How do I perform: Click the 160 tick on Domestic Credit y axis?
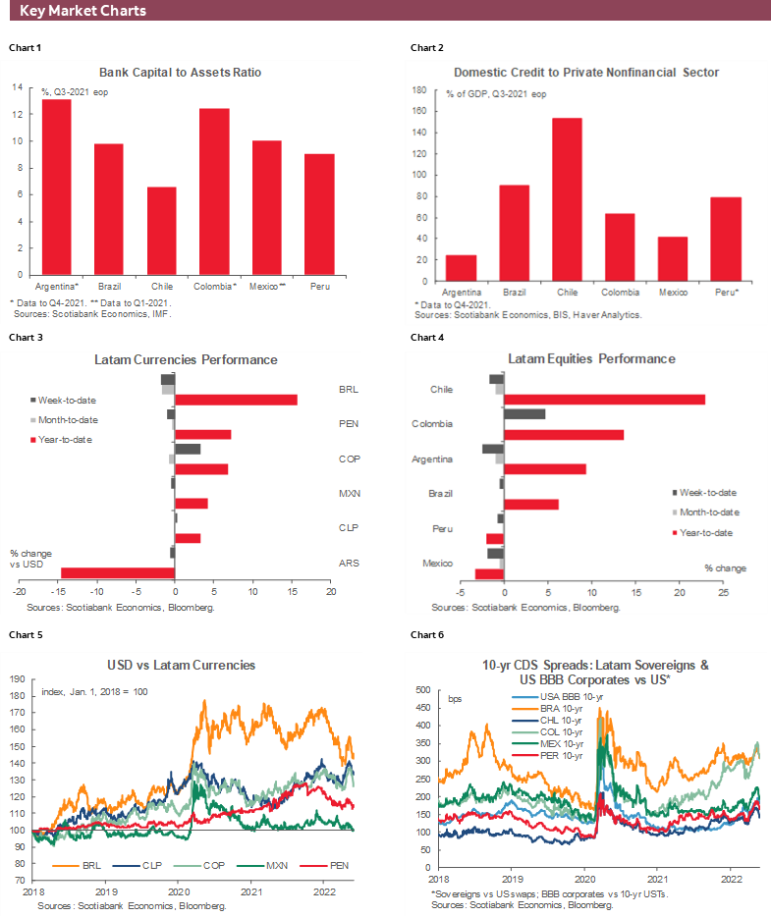[419, 110]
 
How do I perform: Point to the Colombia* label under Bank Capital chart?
[214, 285]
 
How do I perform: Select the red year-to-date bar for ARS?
[118, 572]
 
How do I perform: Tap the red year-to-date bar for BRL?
[236, 399]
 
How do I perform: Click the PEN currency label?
[348, 423]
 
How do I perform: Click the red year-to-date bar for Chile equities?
[604, 399]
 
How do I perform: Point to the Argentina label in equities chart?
[433, 458]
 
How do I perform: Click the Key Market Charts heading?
[83, 11]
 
